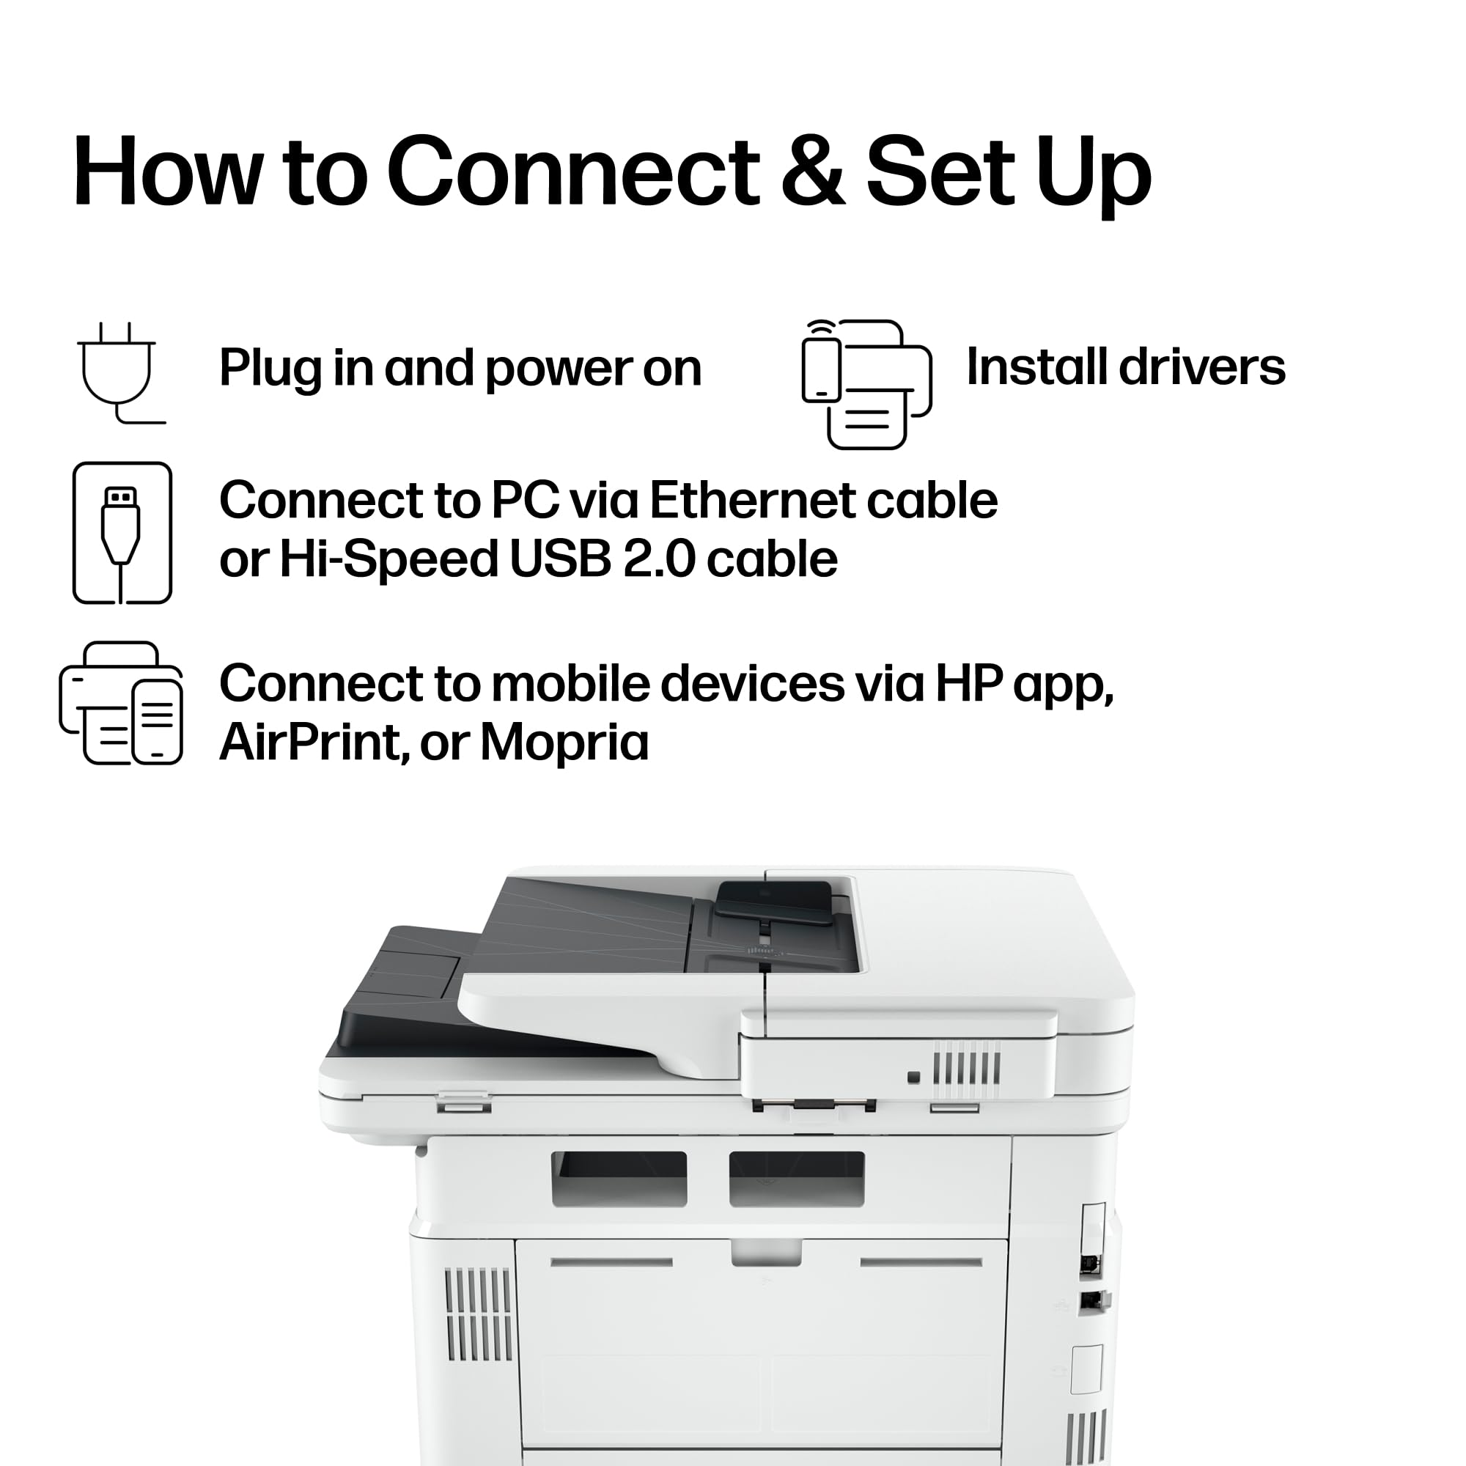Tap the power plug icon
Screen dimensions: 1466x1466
[120, 372]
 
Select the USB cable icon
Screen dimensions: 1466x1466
[122, 533]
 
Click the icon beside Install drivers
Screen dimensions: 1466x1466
[866, 384]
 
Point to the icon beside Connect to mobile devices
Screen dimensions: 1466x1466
[122, 704]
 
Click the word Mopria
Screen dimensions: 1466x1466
[564, 742]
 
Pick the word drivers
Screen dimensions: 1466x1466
[1202, 367]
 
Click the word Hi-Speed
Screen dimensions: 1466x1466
[388, 561]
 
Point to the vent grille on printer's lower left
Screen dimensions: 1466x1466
[478, 1314]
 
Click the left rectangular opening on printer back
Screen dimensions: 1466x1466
[619, 1179]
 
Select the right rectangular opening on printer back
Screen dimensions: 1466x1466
[797, 1179]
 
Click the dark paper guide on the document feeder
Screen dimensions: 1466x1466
[774, 903]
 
